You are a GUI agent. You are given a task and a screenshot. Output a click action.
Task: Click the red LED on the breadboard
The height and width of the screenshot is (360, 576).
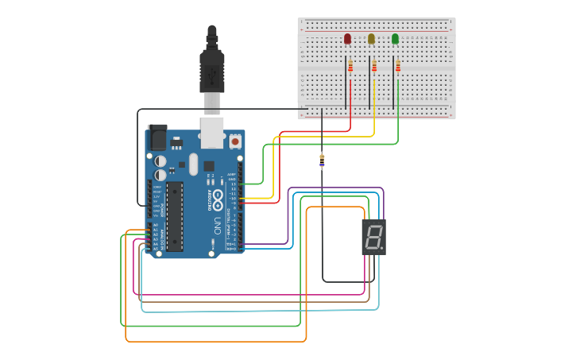pos(347,39)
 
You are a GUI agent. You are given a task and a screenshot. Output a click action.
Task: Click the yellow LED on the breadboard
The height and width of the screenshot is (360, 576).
pos(371,39)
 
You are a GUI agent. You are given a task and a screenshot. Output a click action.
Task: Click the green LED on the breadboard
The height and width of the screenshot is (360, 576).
pos(395,39)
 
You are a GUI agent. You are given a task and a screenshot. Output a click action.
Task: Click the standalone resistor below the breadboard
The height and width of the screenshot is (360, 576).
pos(322,161)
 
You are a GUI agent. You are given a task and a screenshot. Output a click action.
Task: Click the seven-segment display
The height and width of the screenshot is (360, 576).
pos(373,237)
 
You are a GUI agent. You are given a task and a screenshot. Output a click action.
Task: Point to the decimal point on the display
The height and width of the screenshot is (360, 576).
pos(382,248)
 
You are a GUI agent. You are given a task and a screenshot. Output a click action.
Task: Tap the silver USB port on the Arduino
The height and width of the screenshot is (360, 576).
pos(212,133)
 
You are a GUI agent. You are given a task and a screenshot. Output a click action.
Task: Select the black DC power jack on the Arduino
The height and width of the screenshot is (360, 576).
pos(157,138)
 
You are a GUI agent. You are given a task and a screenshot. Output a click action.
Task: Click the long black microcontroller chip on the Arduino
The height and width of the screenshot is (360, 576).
pos(174,215)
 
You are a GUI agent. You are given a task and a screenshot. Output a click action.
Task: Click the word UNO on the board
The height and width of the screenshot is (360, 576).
pos(217,226)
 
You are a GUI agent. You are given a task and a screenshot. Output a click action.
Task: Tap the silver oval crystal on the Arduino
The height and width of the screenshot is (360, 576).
pos(193,165)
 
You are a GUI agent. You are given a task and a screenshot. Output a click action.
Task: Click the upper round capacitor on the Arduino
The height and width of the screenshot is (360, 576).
pos(160,161)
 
